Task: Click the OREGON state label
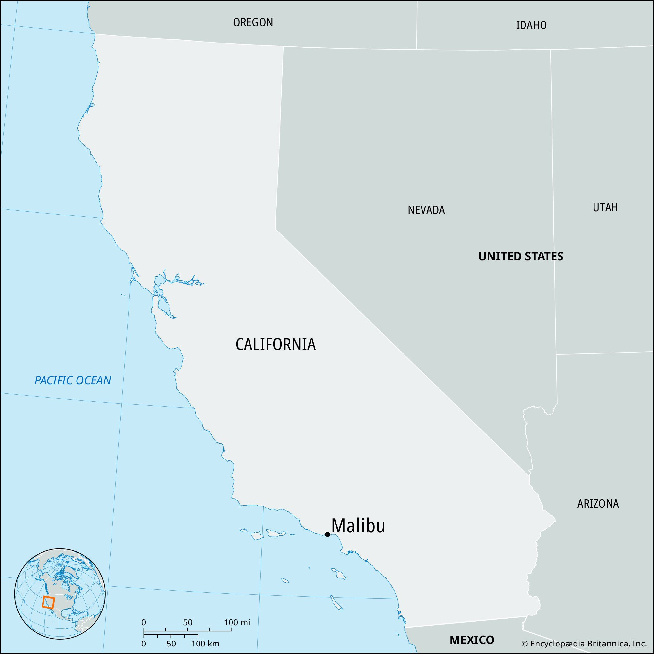253,22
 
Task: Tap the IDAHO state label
531,26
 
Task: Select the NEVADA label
426,210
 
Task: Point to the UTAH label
605,208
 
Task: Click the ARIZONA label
598,504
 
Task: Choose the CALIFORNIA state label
275,345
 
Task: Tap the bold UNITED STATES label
521,257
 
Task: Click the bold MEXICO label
472,640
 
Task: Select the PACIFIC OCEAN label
73,381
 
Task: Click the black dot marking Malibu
327,535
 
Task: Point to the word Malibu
358,526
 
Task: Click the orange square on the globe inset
48,602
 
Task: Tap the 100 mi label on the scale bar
237,622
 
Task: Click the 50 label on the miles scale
187,622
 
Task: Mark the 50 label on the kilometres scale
171,644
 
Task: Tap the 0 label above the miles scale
144,622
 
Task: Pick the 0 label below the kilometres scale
144,644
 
